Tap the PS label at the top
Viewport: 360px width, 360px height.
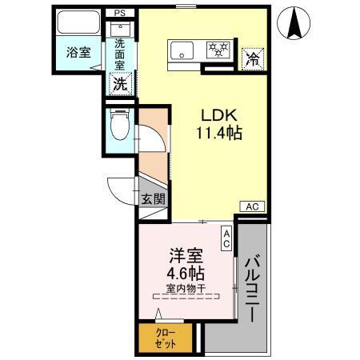point(119,13)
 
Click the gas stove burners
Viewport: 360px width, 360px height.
point(218,50)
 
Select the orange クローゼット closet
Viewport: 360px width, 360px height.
point(166,337)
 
